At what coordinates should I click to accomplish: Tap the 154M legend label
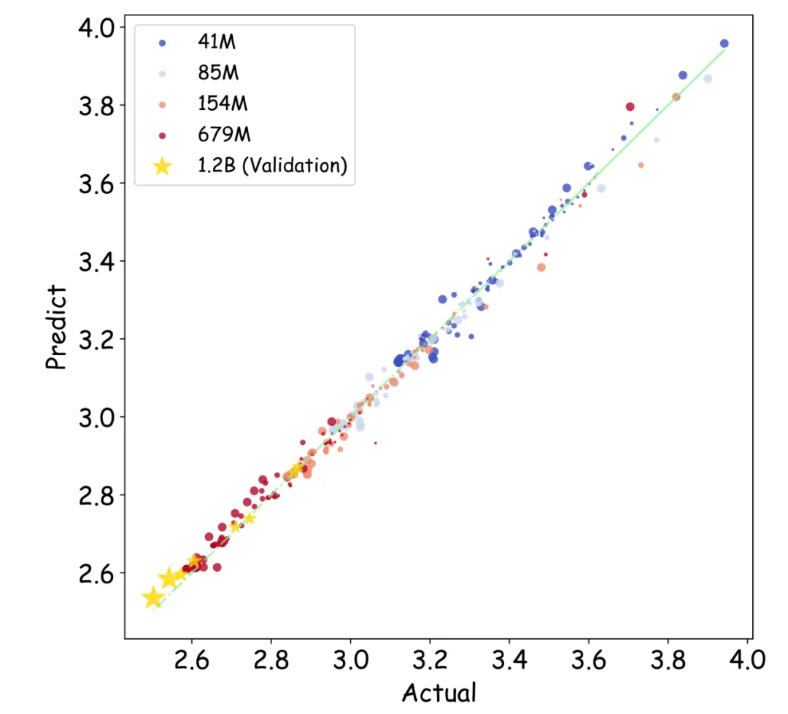point(223,104)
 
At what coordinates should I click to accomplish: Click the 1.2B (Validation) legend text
point(271,166)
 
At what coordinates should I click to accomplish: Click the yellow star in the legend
point(162,166)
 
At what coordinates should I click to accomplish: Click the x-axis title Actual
point(439,692)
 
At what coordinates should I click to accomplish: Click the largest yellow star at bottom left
point(152,597)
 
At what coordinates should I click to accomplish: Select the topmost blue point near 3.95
point(724,44)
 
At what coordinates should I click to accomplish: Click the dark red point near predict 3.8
point(630,107)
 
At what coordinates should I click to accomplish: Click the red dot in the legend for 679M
point(162,136)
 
